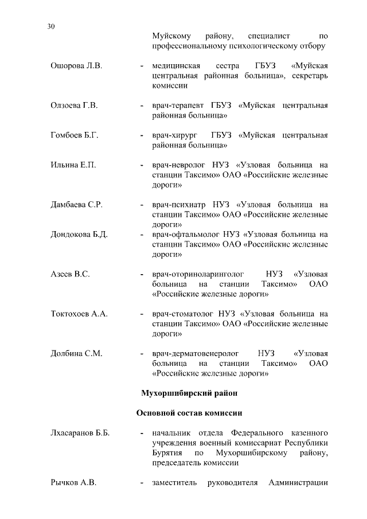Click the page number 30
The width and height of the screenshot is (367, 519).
(51, 26)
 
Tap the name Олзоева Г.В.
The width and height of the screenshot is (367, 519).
(75, 106)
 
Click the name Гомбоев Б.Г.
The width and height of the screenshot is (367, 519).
(75, 135)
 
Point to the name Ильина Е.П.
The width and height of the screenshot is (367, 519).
(73, 165)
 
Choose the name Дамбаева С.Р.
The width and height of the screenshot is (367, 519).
(76, 205)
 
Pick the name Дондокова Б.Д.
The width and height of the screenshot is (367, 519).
(79, 235)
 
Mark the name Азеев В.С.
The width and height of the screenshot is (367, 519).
(70, 274)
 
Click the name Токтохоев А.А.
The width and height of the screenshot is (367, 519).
(79, 314)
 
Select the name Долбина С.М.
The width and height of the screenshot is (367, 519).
(76, 353)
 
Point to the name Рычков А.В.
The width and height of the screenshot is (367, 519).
(73, 482)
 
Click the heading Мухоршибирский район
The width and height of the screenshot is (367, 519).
(188, 393)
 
